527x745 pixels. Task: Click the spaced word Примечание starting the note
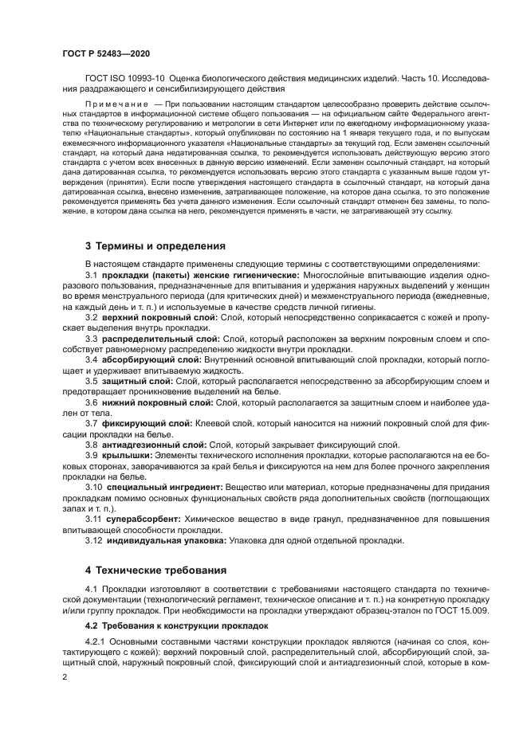(x=116, y=104)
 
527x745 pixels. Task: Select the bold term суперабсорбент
(x=142, y=519)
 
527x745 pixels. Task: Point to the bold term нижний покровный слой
(x=157, y=402)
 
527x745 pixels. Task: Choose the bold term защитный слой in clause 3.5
(x=137, y=381)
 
